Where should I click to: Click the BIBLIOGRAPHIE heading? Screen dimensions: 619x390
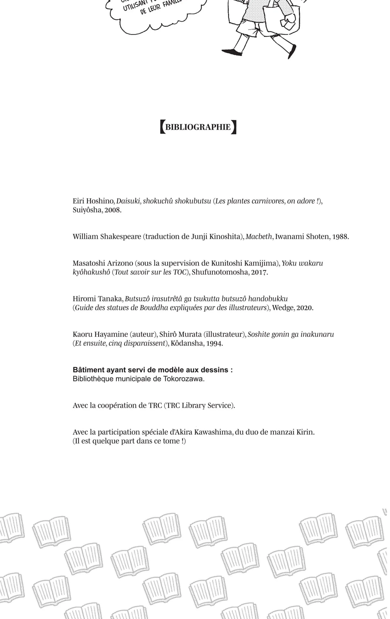(x=198, y=127)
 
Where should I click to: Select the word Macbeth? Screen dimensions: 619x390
(x=258, y=237)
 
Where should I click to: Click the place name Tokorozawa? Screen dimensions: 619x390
(x=183, y=379)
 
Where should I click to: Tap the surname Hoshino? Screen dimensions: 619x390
(x=100, y=201)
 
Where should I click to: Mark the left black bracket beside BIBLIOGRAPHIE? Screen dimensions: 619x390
(x=162, y=127)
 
